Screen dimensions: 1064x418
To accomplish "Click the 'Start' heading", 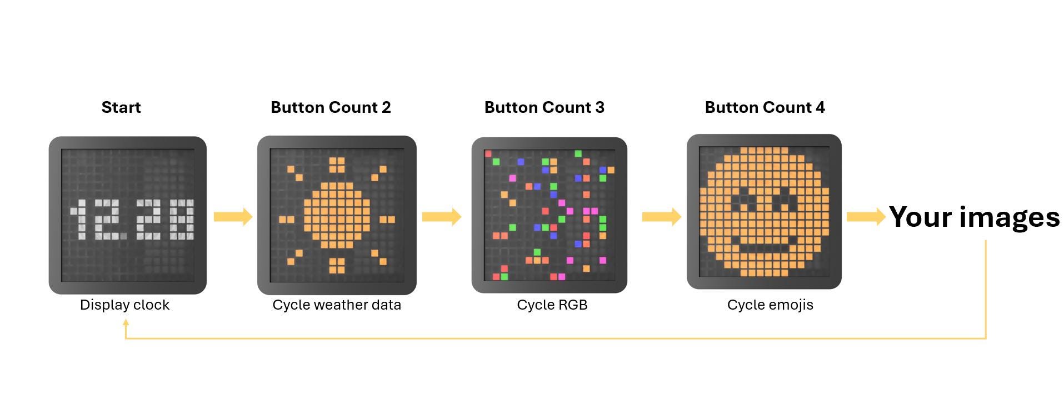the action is coord(121,107).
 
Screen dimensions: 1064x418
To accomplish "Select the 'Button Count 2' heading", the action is coord(331,107).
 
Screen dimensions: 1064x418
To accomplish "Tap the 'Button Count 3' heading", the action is coord(545,107).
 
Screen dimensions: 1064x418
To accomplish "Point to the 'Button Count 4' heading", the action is coord(765,107).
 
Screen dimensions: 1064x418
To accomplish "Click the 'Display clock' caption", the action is coord(124,305).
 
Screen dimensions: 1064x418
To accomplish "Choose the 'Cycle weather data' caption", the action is coord(337,305).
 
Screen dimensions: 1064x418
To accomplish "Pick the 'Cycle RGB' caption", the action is coord(552,305).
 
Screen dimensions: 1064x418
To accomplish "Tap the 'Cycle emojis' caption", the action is coord(770,305).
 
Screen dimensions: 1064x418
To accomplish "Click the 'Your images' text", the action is coord(975,217).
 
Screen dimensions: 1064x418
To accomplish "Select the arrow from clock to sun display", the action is coord(233,216).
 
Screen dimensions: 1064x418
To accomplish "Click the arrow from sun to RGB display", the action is coord(442,216).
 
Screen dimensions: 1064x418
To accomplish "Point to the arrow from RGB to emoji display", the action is coord(662,216).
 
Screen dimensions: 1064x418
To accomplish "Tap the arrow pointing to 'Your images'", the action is coord(866,216).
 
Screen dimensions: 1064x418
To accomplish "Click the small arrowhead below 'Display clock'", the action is coord(126,322).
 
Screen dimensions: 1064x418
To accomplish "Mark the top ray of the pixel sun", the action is coord(337,165).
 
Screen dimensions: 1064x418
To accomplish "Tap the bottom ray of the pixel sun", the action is coord(337,266).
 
